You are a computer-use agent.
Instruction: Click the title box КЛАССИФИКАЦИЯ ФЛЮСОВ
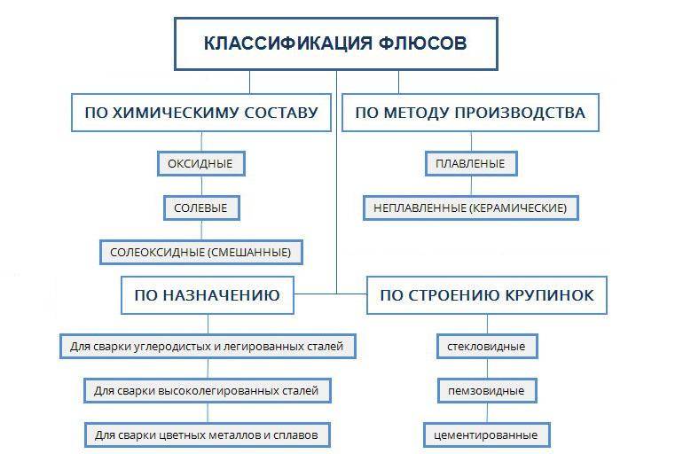(336, 43)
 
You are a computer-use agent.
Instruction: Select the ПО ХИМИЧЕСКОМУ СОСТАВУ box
(201, 113)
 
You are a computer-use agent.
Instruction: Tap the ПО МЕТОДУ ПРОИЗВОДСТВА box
(470, 113)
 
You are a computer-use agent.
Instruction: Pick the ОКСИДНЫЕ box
(200, 164)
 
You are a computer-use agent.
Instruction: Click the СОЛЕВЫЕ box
(201, 208)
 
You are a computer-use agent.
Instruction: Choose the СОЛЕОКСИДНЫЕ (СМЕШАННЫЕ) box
(200, 252)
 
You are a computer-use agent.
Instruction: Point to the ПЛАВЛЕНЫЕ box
(471, 164)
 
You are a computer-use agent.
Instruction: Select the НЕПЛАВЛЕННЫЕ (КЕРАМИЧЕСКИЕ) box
(470, 208)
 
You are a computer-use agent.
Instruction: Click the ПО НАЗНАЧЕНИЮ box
(208, 295)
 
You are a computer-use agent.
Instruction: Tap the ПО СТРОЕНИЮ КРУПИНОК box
(487, 295)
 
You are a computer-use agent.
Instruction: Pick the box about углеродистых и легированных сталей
(208, 347)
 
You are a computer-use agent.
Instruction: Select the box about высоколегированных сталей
(208, 390)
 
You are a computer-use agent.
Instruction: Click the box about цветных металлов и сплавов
(208, 434)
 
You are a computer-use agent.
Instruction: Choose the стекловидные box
(487, 347)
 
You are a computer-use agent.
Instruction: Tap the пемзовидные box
(487, 390)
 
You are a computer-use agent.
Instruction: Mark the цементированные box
(487, 434)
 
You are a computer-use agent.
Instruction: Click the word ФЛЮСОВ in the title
(422, 43)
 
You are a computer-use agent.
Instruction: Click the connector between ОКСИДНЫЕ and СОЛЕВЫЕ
(201, 186)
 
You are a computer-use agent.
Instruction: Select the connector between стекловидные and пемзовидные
(487, 369)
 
